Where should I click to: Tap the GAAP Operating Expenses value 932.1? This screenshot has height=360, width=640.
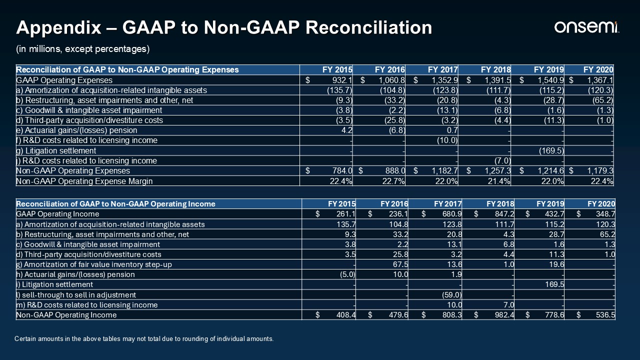[342, 80]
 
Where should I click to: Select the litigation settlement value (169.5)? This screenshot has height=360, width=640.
[551, 150]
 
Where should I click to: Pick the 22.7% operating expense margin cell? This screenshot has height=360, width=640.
[393, 181]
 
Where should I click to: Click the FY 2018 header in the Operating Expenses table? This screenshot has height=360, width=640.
[495, 69]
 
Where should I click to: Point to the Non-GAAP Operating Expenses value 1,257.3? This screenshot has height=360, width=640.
[497, 171]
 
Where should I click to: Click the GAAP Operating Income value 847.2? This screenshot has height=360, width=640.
[504, 214]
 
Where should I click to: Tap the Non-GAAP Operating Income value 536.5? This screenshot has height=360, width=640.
[605, 315]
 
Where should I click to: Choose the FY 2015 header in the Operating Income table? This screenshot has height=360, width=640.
[341, 204]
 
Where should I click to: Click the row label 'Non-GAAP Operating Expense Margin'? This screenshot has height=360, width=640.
[84, 181]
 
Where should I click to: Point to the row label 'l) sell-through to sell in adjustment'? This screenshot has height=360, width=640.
[76, 295]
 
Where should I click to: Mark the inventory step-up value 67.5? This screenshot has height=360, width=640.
[400, 264]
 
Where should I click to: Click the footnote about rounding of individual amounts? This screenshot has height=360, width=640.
[144, 339]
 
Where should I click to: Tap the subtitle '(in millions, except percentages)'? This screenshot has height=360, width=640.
[83, 49]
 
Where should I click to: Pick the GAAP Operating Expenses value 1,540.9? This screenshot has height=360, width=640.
[550, 80]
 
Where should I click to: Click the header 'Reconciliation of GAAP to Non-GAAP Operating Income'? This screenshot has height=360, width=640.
[115, 204]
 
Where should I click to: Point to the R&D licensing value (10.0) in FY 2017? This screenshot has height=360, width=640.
[447, 140]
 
